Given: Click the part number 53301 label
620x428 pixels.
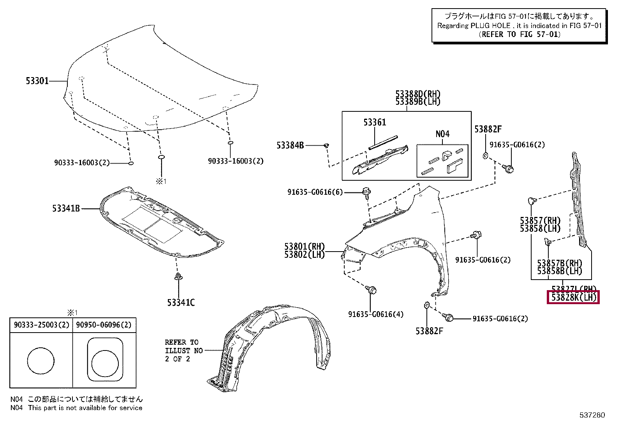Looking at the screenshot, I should [37, 81].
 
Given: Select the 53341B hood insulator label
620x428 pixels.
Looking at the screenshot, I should [66, 209].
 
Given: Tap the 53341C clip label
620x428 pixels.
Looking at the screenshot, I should [181, 302].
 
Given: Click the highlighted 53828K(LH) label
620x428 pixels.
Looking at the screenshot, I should [573, 298].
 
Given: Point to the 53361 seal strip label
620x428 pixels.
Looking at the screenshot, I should [375, 122].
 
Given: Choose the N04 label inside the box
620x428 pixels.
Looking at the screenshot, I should [442, 134].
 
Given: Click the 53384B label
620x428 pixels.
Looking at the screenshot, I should [290, 145].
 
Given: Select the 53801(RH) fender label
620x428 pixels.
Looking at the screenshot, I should [304, 247].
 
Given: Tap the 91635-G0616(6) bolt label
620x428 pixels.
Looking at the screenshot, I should [315, 192].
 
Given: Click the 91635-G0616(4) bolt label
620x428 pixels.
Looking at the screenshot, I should [376, 314].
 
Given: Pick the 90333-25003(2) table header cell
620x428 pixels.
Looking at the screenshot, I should [41, 325].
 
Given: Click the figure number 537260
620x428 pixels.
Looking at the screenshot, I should [591, 415].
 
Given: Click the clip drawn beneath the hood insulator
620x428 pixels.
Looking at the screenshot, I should [178, 277].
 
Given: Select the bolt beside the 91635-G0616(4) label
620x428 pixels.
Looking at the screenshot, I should [371, 290].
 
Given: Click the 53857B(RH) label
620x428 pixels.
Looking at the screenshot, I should [559, 263].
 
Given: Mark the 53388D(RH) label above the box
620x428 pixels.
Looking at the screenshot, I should [418, 94].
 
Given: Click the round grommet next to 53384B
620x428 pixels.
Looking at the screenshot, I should [326, 146].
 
